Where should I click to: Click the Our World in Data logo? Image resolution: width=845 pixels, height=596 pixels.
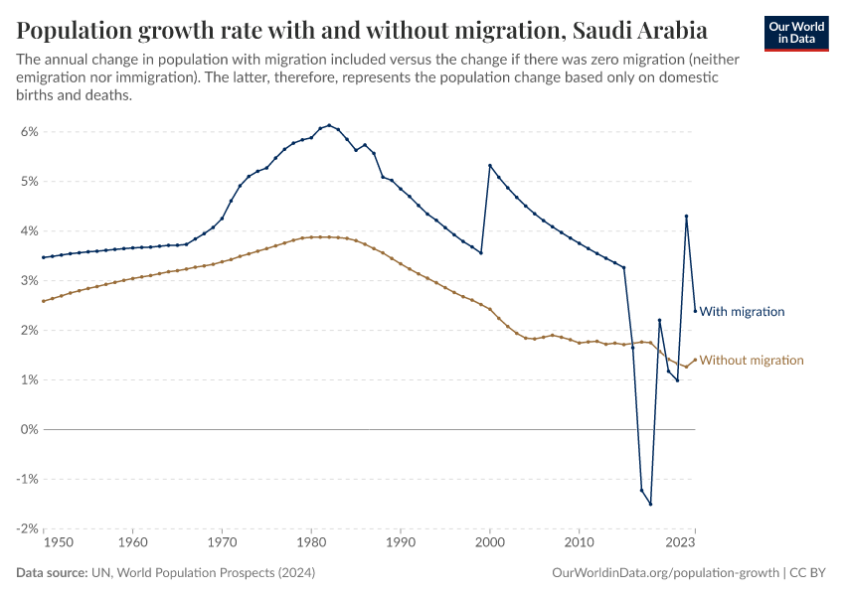tap(796, 33)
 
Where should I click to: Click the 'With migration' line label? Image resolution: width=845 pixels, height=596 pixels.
tap(742, 312)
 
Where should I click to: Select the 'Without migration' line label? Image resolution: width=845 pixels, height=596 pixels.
tap(751, 361)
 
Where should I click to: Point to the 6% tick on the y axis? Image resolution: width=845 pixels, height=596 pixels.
tap(29, 132)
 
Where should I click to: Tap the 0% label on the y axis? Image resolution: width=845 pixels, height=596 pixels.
tap(29, 430)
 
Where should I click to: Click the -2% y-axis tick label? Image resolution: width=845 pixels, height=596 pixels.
tap(27, 529)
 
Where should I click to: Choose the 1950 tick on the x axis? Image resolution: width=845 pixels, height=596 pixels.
tap(44, 543)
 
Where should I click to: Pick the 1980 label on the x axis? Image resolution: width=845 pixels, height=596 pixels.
tap(311, 543)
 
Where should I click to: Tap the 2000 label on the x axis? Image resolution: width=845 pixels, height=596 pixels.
tap(489, 543)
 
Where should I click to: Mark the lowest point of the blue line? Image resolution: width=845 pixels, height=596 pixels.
tap(650, 504)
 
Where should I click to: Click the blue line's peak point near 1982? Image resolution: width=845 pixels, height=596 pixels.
tap(329, 125)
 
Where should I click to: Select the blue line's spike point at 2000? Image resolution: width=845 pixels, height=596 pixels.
tap(490, 165)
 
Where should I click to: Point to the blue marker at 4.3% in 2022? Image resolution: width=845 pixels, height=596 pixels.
tap(686, 217)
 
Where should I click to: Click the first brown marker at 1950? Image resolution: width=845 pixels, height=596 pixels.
tap(44, 301)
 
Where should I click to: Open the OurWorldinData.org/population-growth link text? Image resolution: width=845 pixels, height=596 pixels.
tap(664, 573)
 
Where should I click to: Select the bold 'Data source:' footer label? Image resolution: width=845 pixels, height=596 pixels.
tap(52, 573)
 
